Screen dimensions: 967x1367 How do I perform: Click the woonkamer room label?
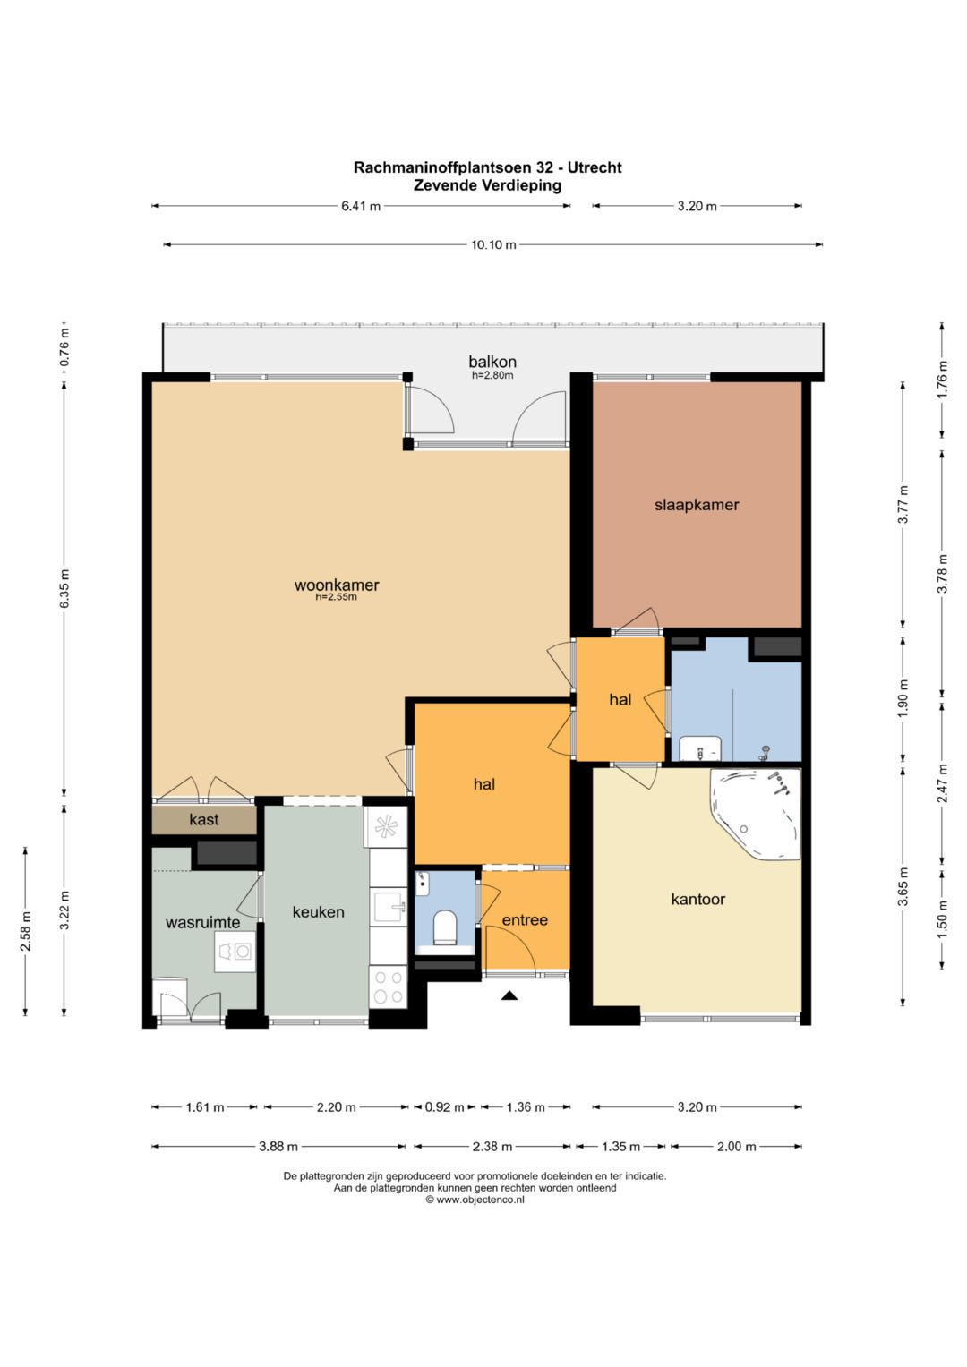337,585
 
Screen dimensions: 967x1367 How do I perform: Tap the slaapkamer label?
697,505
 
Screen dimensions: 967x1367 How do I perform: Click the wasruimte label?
202,923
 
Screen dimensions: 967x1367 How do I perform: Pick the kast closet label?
204,820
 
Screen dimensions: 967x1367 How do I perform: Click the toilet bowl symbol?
445,928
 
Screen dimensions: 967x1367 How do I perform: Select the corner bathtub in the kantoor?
756,814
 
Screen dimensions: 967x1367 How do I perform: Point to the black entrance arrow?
509,996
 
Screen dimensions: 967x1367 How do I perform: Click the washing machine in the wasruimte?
235,951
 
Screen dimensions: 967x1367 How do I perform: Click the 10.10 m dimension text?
493,244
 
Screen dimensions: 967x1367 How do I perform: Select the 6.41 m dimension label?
360,206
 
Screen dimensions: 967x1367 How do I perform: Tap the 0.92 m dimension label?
445,1107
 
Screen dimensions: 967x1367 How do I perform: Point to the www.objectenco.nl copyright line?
475,1200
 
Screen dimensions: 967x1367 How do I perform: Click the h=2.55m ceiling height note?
336,597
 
